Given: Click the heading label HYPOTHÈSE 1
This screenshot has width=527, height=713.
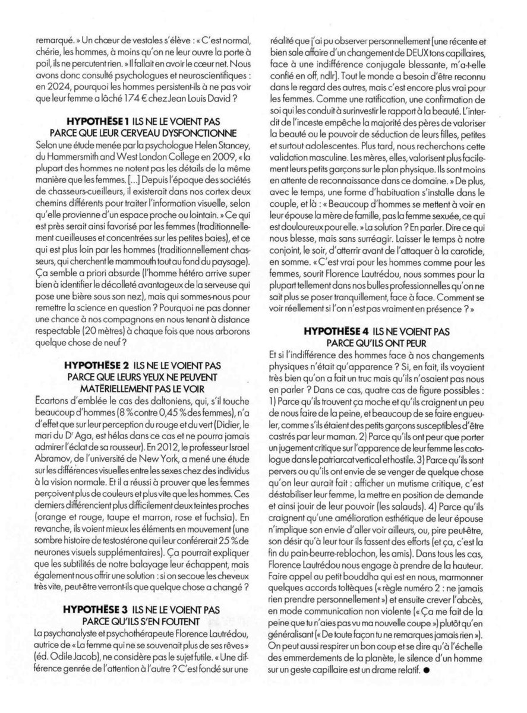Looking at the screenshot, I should point(87,120).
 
